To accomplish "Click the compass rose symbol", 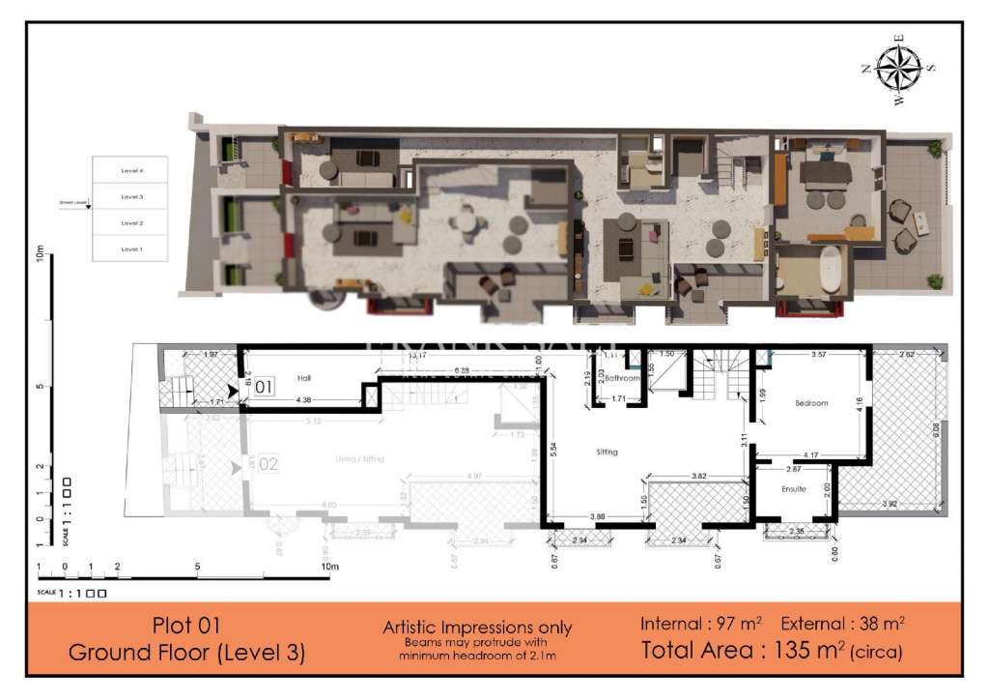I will click(899, 69).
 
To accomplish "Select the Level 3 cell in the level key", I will click(131, 196).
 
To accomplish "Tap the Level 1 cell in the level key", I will click(131, 248).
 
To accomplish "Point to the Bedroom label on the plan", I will click(812, 403).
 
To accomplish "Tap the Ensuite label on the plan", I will click(794, 489).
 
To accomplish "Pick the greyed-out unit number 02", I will click(268, 464).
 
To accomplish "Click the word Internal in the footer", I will click(671, 624).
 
